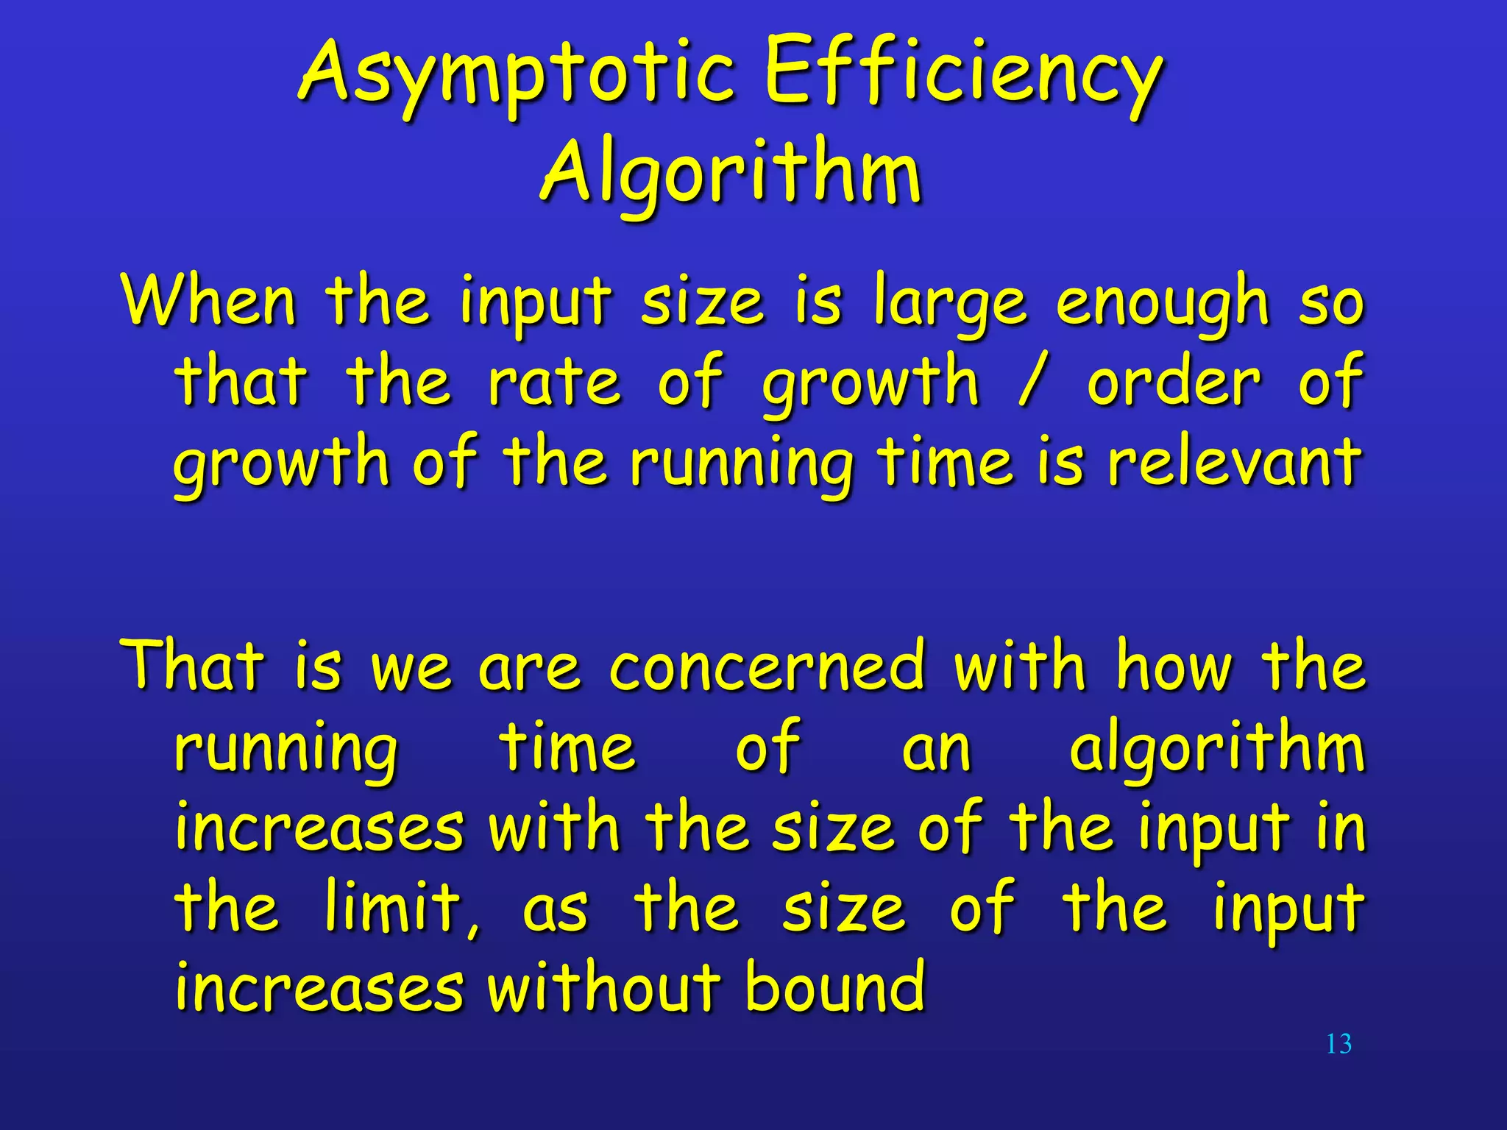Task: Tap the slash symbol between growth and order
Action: coord(1032,381)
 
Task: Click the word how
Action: coord(1174,666)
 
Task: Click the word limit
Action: coord(401,908)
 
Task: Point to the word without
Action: coord(603,986)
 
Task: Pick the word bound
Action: coord(834,986)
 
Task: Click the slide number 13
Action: coord(1338,1044)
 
